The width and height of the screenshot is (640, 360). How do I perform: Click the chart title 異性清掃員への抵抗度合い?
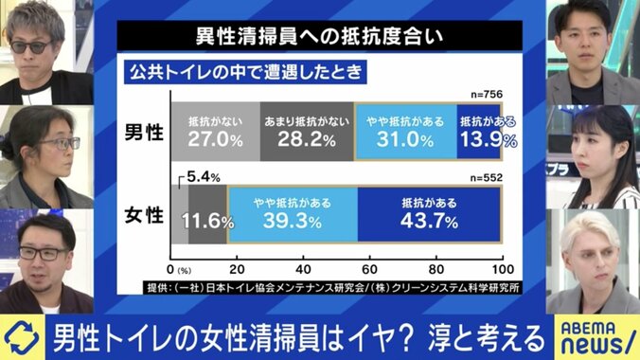pos(319,39)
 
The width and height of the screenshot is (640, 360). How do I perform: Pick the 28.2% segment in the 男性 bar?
pos(306,131)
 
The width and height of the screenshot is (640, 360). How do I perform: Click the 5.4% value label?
pos(203,177)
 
